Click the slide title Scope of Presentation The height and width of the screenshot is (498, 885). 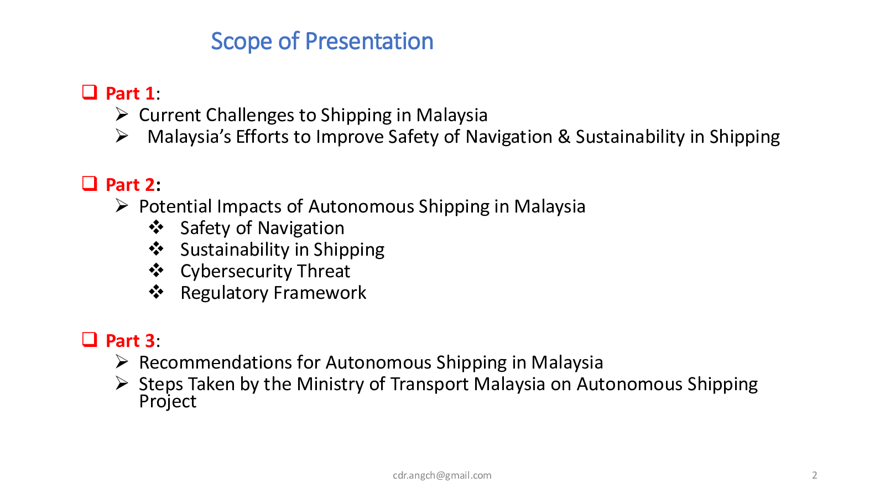coord(322,41)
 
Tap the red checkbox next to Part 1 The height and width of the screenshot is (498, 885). coord(90,92)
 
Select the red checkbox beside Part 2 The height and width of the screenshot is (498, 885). coord(90,183)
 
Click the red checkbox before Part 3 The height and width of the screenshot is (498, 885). coord(90,340)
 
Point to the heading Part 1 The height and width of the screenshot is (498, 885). coord(130,94)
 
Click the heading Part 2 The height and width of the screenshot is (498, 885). coord(130,185)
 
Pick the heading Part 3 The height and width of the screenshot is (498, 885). coord(130,341)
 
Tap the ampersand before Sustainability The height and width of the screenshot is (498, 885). coord(564,137)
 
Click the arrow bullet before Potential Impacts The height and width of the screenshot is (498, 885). coord(122,205)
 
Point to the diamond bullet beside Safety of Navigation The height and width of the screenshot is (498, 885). coord(156,227)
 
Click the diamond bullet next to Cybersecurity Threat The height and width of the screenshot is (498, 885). coord(156,271)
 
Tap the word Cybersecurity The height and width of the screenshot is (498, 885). coord(236,272)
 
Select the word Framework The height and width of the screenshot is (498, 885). coord(320,293)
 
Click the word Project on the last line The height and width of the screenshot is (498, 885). coord(168,402)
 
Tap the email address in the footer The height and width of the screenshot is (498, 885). coord(442,475)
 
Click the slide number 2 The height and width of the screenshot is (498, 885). coord(814,475)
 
